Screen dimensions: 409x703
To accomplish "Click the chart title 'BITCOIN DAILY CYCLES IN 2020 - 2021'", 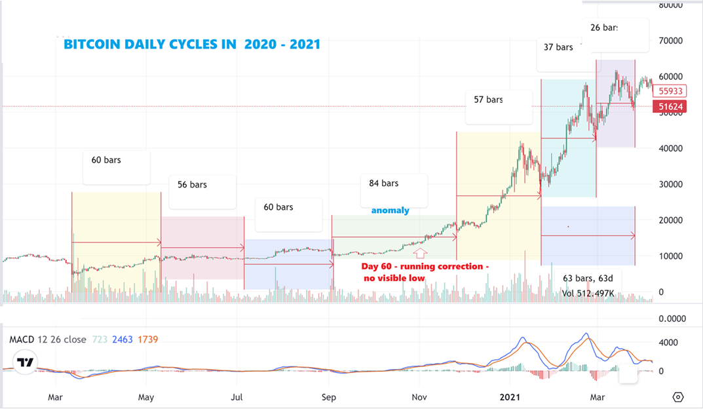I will click(x=192, y=45).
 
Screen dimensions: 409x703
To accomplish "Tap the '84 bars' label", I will click(x=383, y=183).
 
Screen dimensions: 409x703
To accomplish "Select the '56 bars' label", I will click(x=192, y=185).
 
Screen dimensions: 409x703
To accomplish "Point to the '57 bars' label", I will click(x=488, y=100).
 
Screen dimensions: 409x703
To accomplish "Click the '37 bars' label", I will click(x=558, y=47).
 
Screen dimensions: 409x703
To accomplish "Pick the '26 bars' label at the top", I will click(x=603, y=28).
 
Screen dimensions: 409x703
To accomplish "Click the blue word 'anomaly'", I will click(x=390, y=210).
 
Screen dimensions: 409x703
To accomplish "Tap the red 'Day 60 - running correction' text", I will click(x=425, y=267).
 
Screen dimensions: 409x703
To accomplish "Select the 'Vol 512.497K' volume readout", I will click(x=588, y=293).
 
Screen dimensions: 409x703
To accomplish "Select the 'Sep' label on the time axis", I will click(x=329, y=397).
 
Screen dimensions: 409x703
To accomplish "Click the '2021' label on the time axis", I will click(x=509, y=397).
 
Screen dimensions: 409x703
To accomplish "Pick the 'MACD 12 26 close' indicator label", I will click(x=47, y=340).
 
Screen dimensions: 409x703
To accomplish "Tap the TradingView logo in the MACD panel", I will click(x=26, y=362).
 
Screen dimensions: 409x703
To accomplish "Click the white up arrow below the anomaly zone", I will click(x=421, y=252).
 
